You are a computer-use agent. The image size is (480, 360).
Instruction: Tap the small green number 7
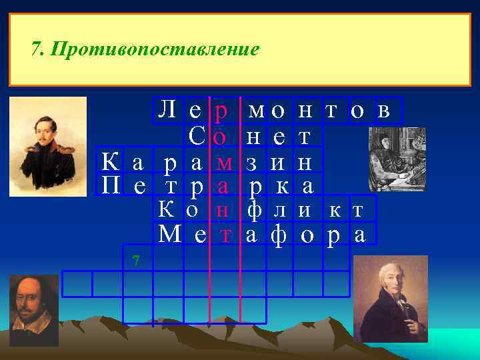[x=135, y=260]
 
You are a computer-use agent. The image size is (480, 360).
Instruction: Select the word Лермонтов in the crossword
[x=274, y=110]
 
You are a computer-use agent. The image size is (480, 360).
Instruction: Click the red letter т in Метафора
[x=226, y=234]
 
